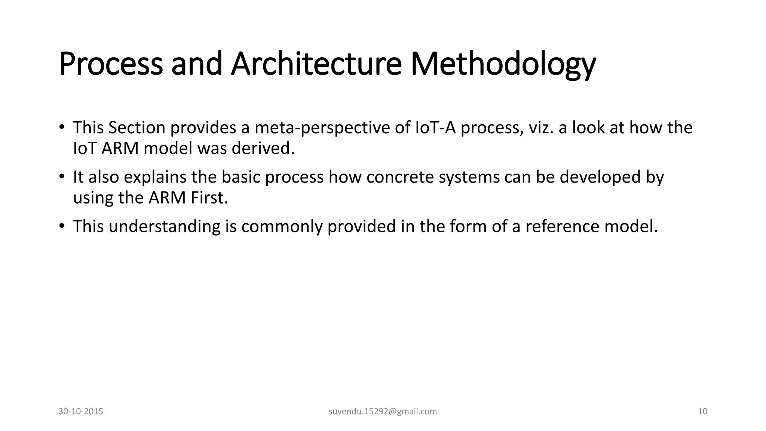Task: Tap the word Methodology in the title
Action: point(503,64)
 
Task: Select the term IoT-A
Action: point(435,128)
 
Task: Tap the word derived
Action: point(263,149)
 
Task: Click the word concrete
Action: point(400,177)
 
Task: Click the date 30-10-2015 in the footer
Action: point(81,412)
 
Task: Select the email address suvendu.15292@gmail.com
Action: point(383,412)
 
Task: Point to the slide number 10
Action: point(702,412)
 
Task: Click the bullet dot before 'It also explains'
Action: point(62,176)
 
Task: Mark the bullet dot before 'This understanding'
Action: point(62,226)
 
